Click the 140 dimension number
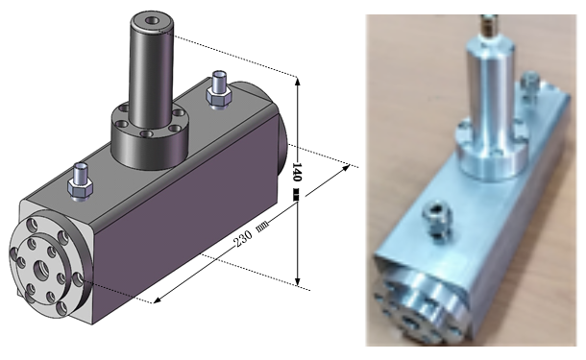click(297, 172)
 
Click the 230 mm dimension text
click(251, 234)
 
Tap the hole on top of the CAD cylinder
click(152, 20)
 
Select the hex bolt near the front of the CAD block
click(80, 182)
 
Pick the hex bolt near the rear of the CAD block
click(219, 90)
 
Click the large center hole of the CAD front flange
click(41, 268)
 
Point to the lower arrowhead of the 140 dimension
click(298, 281)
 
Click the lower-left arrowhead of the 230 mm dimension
click(158, 300)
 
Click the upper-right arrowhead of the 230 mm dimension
click(346, 168)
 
